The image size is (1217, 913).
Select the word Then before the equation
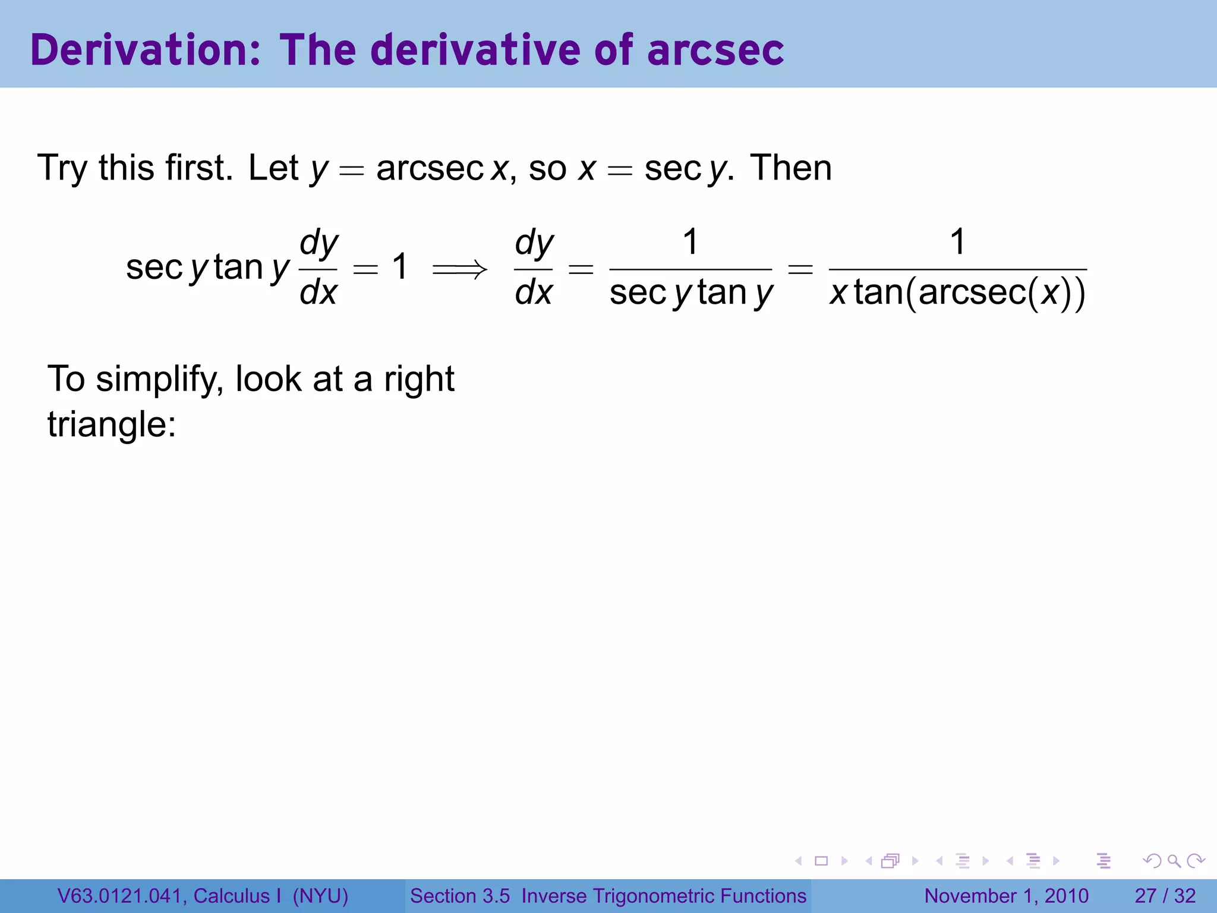790,168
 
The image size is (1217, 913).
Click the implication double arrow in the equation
459,270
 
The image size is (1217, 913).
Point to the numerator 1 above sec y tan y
690,243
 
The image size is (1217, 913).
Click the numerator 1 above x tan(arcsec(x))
957,243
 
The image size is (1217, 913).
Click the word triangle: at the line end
112,425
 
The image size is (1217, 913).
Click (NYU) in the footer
320,896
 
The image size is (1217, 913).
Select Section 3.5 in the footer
460,896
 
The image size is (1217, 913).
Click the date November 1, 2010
1006,896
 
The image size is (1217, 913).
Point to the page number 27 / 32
1165,896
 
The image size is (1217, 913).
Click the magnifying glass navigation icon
1174,861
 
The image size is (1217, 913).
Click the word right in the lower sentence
419,379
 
